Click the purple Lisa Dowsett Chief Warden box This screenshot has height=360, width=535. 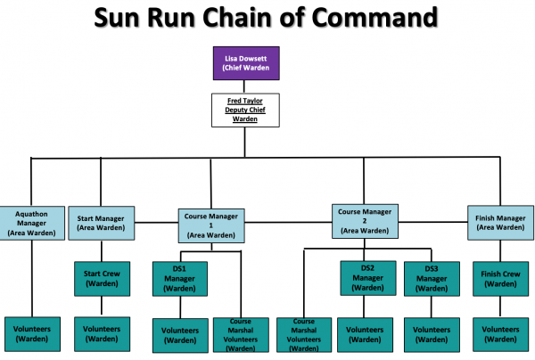246,63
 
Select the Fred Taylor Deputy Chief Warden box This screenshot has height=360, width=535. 245,110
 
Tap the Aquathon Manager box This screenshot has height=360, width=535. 32,223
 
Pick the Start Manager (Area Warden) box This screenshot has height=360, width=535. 101,223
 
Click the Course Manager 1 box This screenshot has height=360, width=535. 211,225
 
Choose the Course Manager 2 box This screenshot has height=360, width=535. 365,221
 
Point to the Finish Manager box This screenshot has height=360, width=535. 500,223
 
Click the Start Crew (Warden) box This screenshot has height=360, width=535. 102,279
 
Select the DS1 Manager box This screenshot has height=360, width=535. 180,279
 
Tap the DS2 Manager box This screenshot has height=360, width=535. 368,278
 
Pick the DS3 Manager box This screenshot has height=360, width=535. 432,279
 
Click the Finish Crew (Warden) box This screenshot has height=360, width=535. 500,279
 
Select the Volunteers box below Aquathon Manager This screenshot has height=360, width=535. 32,334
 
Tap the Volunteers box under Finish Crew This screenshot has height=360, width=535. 500,334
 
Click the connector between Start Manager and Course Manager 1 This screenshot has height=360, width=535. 156,223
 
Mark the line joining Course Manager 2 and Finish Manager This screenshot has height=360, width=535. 432,222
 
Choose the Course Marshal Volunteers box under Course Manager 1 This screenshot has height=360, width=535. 241,335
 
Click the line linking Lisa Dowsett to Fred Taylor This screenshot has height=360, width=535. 244,86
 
